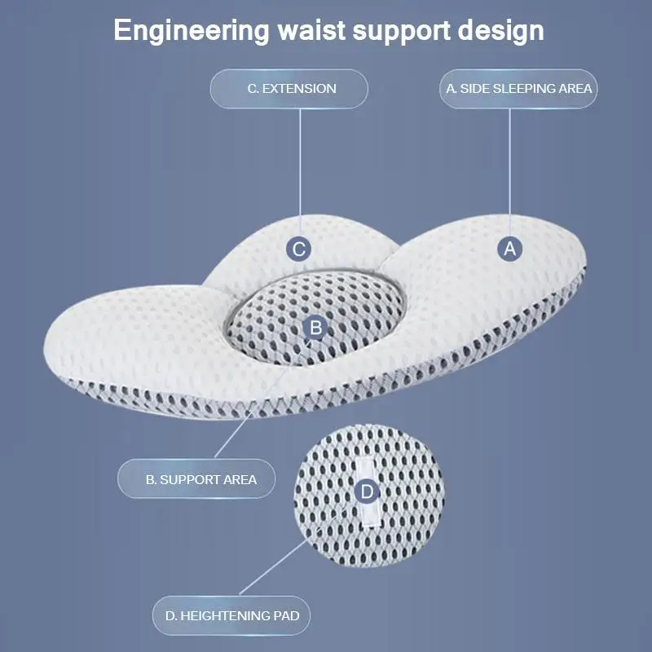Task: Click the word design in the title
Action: coord(502,31)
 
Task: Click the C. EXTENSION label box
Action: coord(289,88)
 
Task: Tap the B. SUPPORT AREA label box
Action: coord(196,479)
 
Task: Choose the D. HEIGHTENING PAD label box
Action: coord(231,615)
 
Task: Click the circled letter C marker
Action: coord(299,249)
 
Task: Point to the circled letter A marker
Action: coord(510,249)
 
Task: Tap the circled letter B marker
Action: coord(315,328)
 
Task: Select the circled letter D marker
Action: coord(368,491)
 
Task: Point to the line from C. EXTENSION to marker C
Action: coord(299,171)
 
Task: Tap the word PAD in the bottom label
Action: coord(286,615)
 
